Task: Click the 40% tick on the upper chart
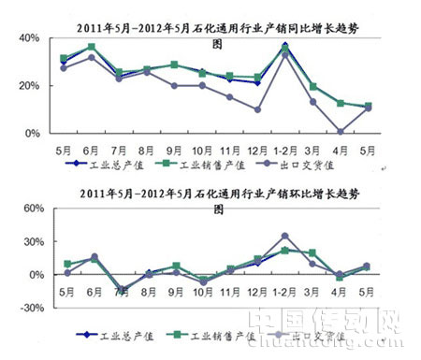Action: pos(28,37)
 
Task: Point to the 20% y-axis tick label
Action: pos(28,85)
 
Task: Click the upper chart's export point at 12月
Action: pos(256,109)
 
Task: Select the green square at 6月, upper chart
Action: pos(92,47)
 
